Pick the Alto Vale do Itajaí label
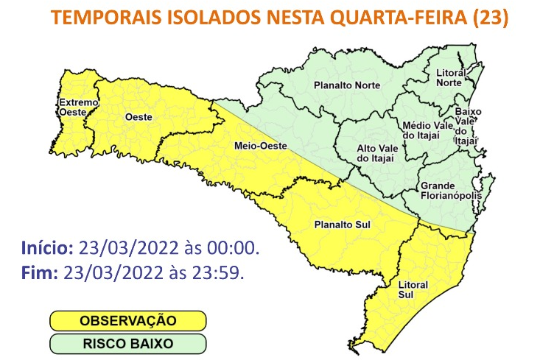376,153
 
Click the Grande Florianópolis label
450,191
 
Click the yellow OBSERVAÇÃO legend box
127,321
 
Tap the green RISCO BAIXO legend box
127,343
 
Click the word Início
46,246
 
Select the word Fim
39,272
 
